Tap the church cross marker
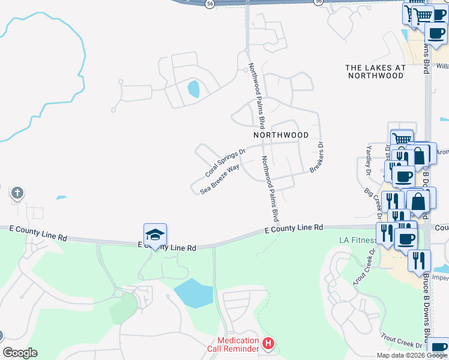tap(18, 193)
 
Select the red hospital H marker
tap(268, 344)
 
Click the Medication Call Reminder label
tap(238, 344)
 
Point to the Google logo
tap(20, 353)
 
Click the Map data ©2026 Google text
tap(412, 355)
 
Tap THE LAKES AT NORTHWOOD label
tap(375, 72)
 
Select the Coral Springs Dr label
tap(225, 163)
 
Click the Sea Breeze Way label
tap(220, 178)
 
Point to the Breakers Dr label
tap(317, 157)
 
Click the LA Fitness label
tap(358, 240)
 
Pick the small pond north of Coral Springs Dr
tap(193, 89)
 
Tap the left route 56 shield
tap(209, 3)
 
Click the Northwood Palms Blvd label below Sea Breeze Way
tap(270, 188)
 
